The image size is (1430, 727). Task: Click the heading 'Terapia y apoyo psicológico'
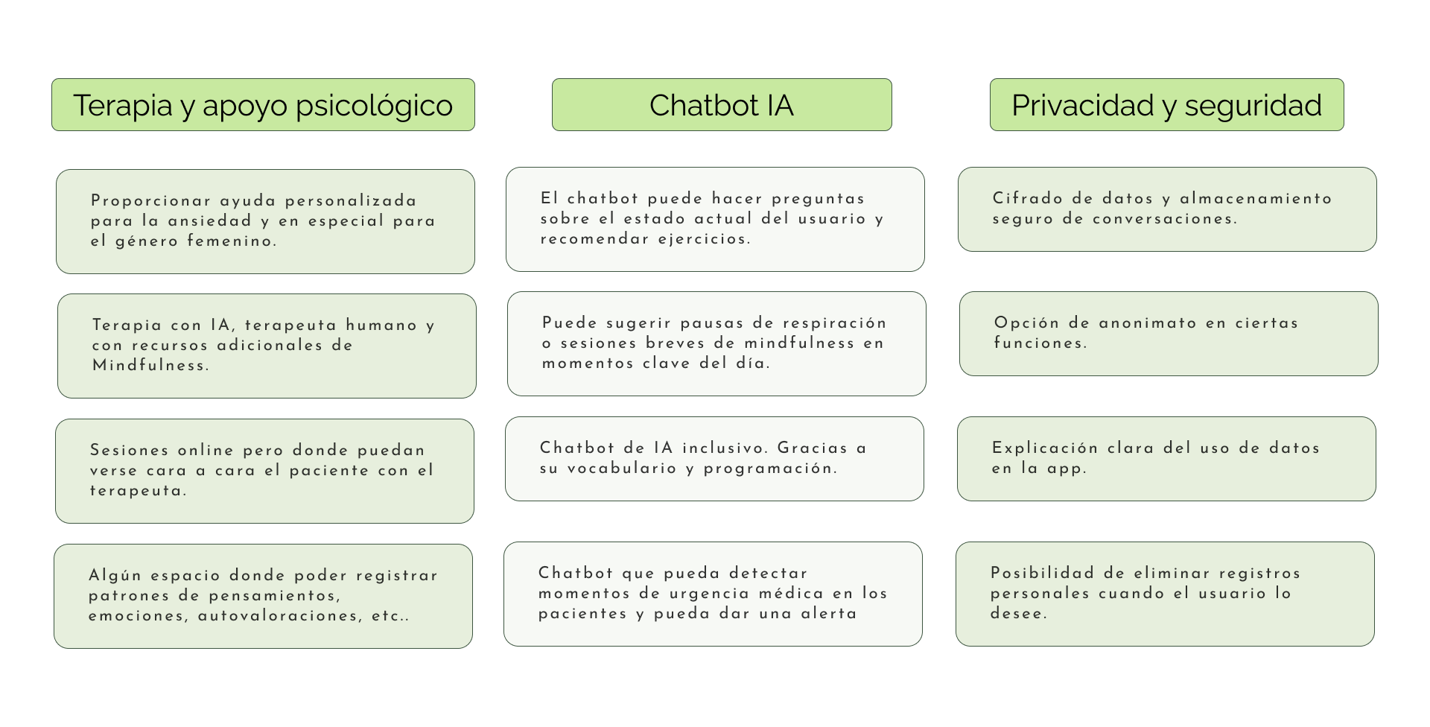click(x=262, y=105)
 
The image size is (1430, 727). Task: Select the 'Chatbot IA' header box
click(x=721, y=105)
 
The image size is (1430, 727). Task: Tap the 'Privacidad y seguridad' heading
click(x=1166, y=105)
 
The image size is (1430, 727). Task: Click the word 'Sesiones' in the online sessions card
click(x=129, y=451)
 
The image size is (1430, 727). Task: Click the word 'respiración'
click(x=839, y=323)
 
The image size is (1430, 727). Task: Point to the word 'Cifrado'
click(x=1027, y=199)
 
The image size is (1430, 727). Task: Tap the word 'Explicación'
click(x=1044, y=448)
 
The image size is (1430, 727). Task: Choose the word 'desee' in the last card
click(x=1017, y=614)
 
